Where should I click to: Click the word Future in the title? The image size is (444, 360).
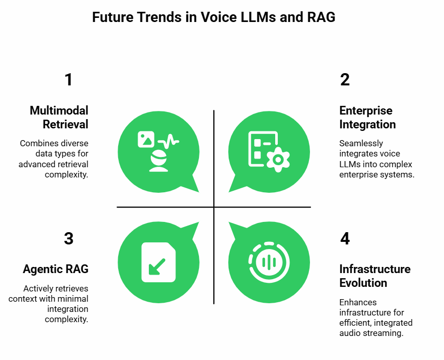[113, 17]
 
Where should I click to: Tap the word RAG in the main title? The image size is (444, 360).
[321, 17]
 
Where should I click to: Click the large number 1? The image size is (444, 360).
[68, 80]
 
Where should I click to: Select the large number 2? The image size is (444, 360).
[345, 80]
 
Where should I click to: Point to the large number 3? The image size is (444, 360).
[69, 238]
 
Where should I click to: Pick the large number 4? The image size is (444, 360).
[345, 238]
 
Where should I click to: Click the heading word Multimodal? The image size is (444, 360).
[59, 110]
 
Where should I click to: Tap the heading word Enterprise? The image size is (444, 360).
[366, 110]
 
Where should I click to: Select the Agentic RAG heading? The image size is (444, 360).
[55, 269]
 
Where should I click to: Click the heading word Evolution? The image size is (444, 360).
[363, 283]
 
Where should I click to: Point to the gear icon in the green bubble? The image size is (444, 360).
[278, 160]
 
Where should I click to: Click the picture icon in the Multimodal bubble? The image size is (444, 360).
[146, 139]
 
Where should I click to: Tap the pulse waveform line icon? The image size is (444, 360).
[169, 141]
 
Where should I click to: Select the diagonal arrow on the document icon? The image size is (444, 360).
[157, 266]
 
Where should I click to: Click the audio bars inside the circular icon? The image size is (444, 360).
[269, 262]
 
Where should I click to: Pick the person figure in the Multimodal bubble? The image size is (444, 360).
[159, 161]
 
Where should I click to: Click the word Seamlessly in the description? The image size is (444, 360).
[361, 144]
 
